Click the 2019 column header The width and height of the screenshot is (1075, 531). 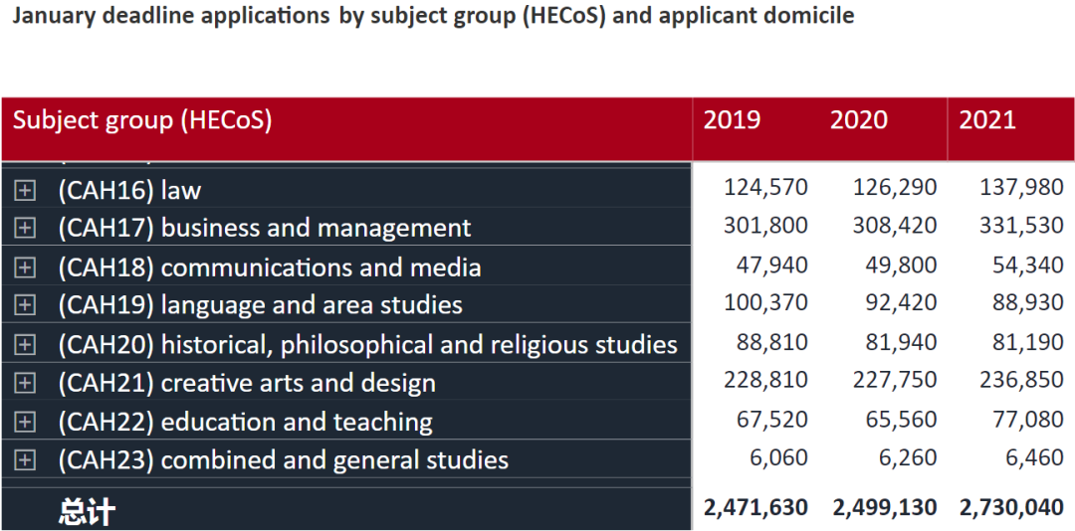pos(732,120)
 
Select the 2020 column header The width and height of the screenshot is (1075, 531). pos(858,120)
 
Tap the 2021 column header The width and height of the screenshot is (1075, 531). pos(987,120)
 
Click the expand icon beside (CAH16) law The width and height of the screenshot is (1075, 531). pos(25,190)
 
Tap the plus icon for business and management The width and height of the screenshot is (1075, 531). pos(25,228)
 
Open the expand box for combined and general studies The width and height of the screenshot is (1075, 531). pos(25,459)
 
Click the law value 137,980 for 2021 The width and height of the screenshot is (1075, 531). pos(1021,187)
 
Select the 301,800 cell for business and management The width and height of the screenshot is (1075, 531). pos(765,226)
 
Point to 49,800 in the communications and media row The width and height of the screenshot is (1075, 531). pos(902,265)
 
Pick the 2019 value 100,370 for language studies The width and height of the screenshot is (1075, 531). pos(765,302)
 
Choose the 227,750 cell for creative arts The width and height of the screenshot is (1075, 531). pos(895,380)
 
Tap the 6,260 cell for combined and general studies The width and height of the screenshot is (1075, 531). pos(908,457)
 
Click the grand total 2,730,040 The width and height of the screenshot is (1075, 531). pos(1012,507)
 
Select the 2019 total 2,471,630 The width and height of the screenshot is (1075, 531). pos(755,507)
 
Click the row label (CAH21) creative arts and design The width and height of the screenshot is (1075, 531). pos(247,383)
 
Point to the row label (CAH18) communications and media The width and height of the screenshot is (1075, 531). pos(270,267)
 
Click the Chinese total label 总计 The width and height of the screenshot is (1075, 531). pos(87,511)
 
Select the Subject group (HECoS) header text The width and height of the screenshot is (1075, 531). pos(142,120)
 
